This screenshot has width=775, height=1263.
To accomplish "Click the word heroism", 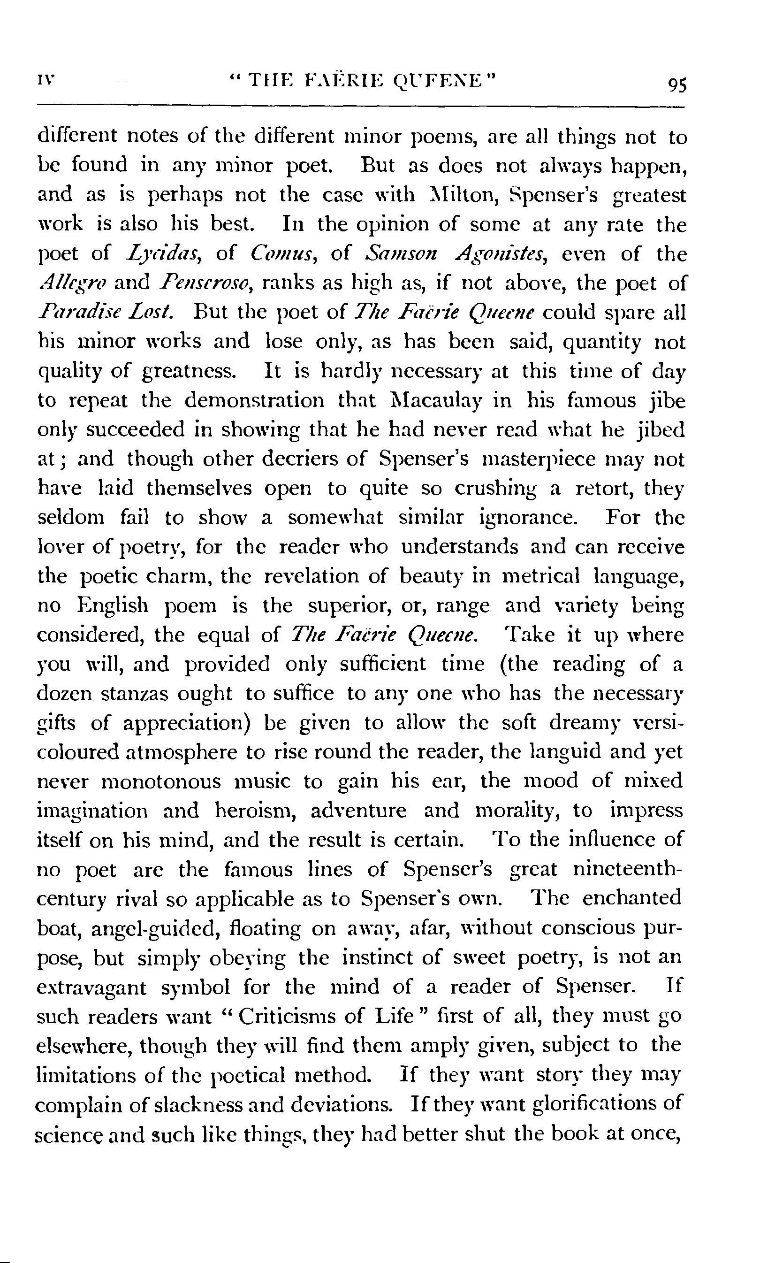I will (x=254, y=811).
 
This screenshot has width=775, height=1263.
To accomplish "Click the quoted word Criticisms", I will (x=286, y=1016).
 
